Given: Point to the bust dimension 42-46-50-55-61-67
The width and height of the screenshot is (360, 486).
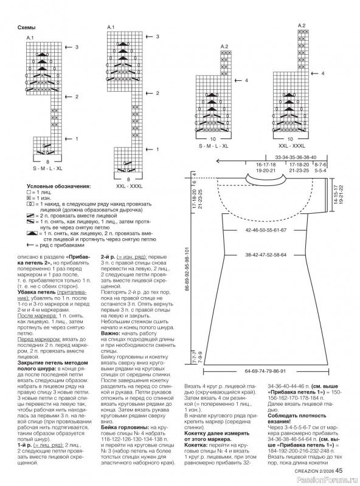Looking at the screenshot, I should (x=266, y=231).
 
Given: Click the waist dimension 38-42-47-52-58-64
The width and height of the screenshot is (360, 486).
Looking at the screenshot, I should (x=266, y=255).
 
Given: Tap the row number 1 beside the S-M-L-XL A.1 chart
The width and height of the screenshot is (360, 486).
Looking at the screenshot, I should (x=77, y=139).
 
